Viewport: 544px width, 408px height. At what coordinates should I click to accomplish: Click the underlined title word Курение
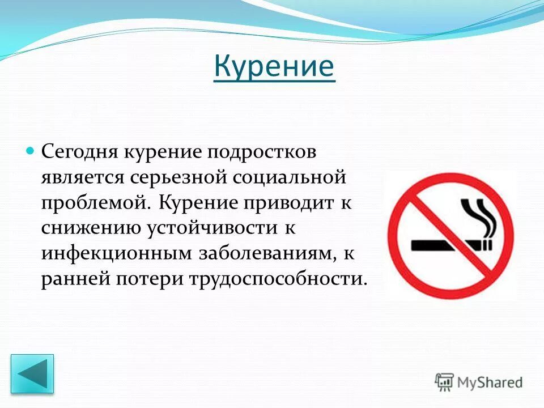click(x=274, y=67)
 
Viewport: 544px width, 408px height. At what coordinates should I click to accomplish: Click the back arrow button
click(x=32, y=374)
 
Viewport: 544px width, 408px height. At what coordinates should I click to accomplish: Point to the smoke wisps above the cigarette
click(x=479, y=218)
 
